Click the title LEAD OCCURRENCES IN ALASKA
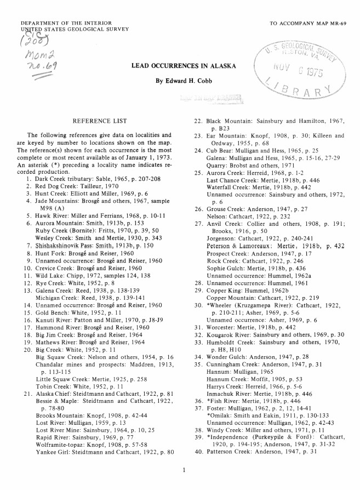184,66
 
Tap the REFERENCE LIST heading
100,121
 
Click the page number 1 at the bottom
185,470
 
